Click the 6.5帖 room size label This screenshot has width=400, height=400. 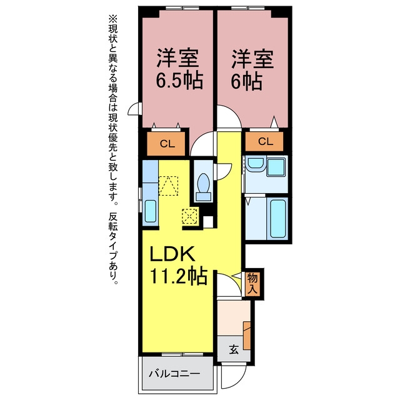[179, 80]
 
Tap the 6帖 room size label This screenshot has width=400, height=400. [247, 81]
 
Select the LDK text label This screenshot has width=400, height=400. [172, 254]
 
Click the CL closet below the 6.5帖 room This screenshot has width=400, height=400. [166, 144]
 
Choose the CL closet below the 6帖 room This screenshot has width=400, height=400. [264, 141]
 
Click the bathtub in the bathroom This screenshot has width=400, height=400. [277, 219]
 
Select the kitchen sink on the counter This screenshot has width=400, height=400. [150, 211]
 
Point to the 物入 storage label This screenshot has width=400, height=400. [252, 283]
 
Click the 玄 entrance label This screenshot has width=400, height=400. [234, 349]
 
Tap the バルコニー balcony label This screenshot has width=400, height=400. [174, 374]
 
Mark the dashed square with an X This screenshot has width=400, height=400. [189, 216]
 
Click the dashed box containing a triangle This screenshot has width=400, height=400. [168, 186]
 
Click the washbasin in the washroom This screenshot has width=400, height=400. [256, 164]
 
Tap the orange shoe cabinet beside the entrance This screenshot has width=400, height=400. [247, 336]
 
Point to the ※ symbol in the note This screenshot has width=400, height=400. [112, 19]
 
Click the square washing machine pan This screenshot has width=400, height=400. [276, 167]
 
